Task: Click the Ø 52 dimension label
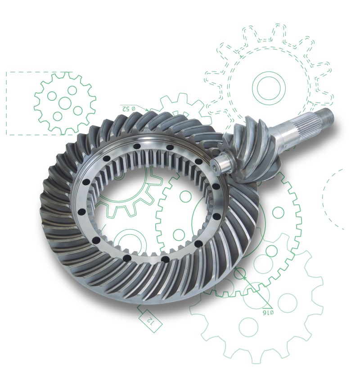coord(128,108)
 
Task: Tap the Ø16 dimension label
coord(268,313)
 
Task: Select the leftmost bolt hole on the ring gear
coord(81,212)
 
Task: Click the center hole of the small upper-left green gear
coord(65,103)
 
